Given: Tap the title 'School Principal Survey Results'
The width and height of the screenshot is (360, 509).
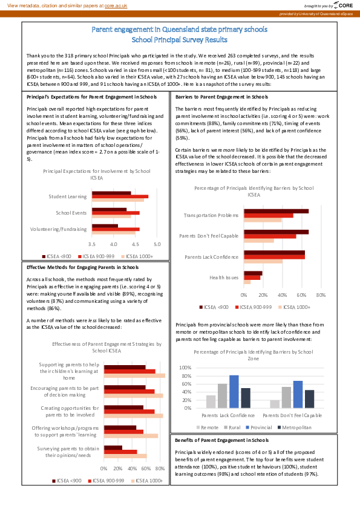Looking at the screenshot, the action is click(x=180, y=40).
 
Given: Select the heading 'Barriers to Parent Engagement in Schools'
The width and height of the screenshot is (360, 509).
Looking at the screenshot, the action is click(x=221, y=97).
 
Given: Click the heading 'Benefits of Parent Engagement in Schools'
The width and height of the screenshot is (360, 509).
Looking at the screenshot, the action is click(x=221, y=440).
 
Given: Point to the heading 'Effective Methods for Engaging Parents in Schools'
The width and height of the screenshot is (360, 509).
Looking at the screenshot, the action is click(x=83, y=267).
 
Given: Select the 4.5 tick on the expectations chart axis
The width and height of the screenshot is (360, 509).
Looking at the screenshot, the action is click(x=135, y=244).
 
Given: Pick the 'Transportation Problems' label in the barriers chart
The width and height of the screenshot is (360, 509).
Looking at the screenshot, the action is click(x=211, y=215).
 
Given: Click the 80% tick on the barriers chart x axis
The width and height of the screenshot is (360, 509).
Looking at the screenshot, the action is click(x=321, y=295).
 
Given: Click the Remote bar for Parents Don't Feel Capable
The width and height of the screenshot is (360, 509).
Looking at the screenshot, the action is click(x=275, y=404).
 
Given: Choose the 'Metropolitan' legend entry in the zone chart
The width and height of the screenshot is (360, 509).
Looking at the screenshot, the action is click(x=296, y=427).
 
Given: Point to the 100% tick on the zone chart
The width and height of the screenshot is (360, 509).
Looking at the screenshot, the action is click(x=185, y=368).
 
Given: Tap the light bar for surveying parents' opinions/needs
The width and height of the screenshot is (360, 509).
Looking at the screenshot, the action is click(x=125, y=456).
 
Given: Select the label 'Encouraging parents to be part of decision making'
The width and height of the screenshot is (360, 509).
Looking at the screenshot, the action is click(x=69, y=391).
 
